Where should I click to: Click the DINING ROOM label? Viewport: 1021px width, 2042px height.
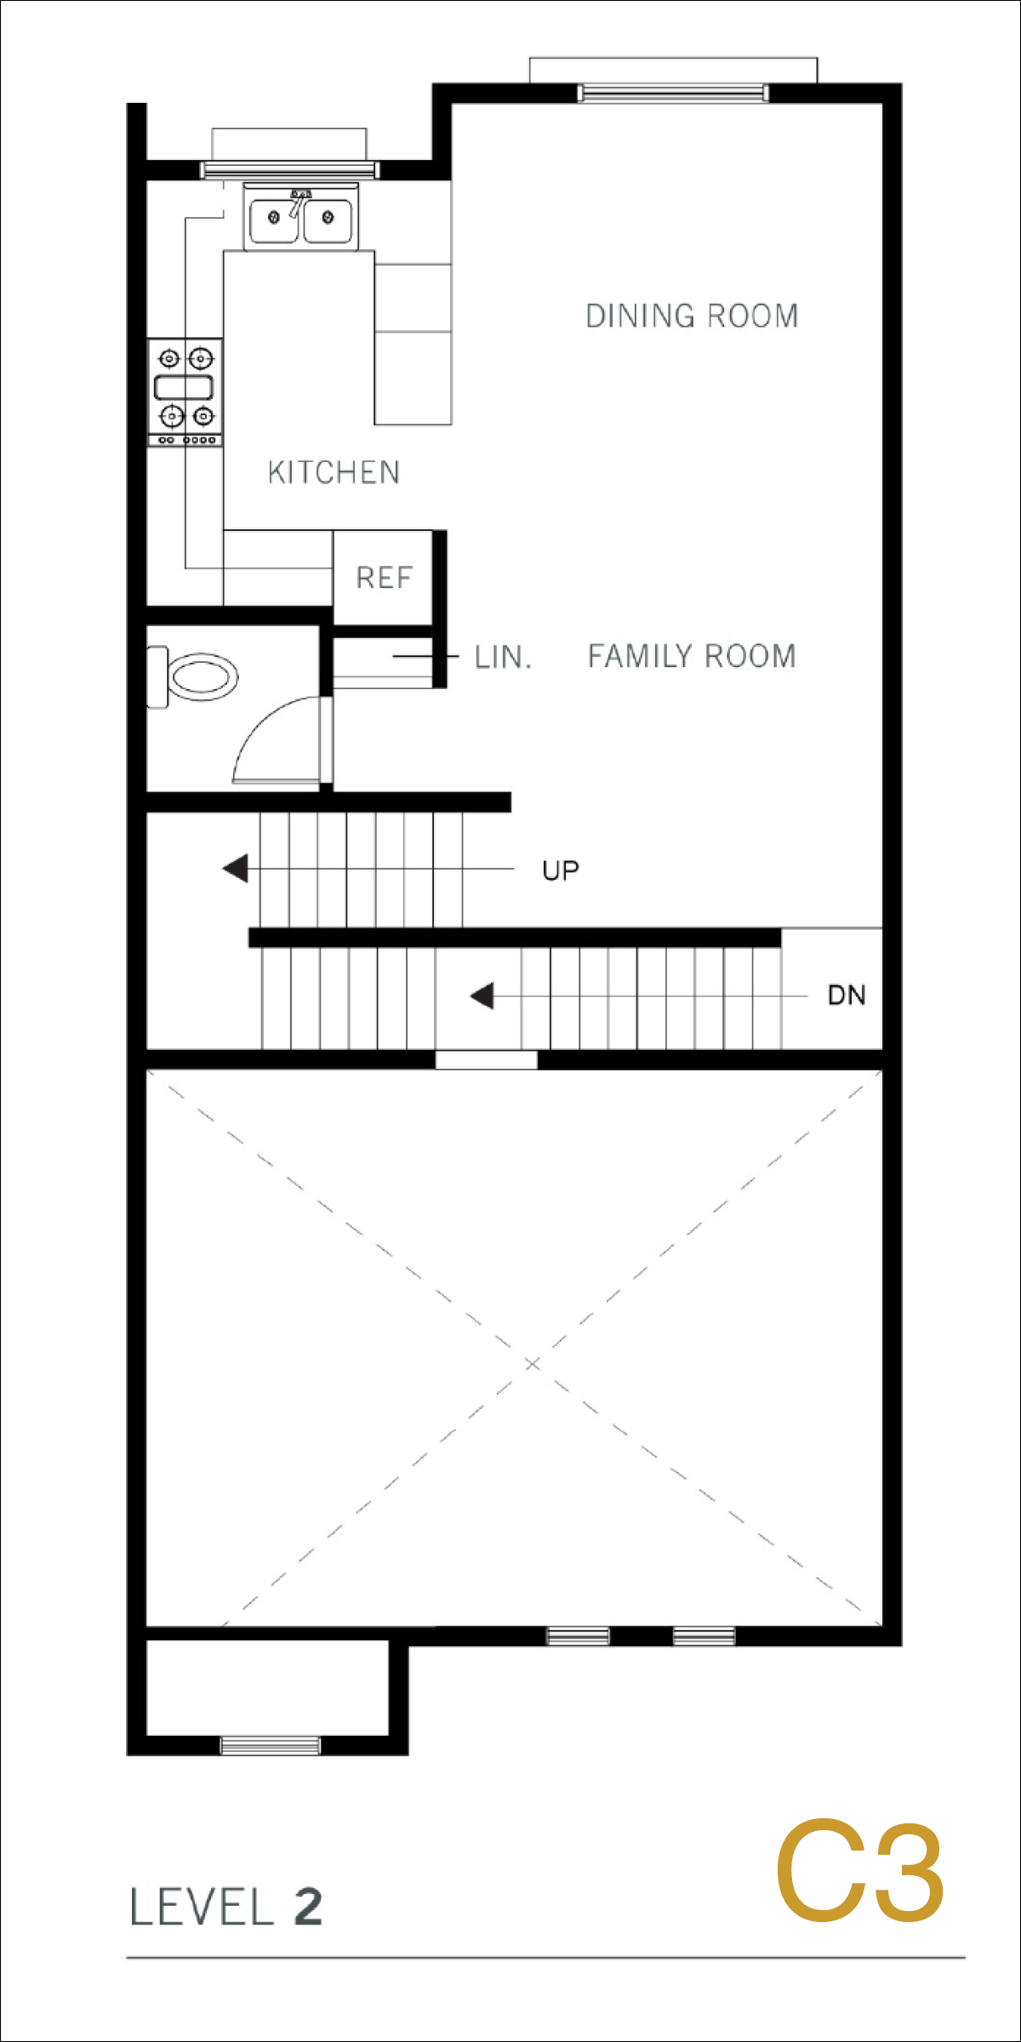692,316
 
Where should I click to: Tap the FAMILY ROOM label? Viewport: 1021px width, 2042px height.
692,656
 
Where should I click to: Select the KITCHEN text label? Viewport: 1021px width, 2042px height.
334,472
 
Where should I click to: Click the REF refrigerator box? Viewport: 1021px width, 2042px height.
383,578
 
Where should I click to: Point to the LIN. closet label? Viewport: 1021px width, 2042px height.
503,658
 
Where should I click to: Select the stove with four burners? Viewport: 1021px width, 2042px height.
185,392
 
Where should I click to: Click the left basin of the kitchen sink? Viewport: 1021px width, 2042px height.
273,220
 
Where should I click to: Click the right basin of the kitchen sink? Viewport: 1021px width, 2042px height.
328,220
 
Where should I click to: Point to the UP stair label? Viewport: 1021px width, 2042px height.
561,870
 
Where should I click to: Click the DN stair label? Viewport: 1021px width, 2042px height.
847,995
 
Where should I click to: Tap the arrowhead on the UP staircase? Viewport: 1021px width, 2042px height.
235,869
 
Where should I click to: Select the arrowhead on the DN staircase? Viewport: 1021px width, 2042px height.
482,995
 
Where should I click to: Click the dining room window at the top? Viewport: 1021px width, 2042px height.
673,93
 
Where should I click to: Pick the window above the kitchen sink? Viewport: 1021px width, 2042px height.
289,169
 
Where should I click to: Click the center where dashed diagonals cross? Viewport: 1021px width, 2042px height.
533,1364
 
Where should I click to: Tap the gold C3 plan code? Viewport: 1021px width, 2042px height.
859,1873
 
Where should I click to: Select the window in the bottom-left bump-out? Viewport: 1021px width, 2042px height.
271,1746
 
